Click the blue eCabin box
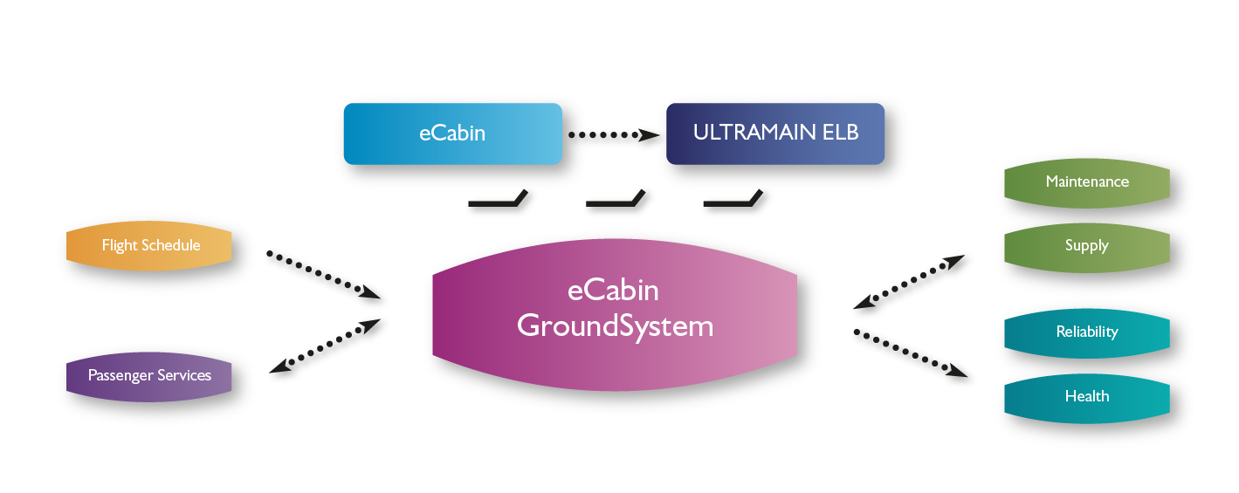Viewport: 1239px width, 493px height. tap(453, 134)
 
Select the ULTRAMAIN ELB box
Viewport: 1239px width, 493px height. tap(775, 134)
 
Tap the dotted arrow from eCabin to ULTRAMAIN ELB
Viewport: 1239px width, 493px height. tap(614, 134)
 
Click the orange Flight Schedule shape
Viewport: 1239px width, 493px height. tap(148, 246)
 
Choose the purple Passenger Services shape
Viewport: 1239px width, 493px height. tap(148, 377)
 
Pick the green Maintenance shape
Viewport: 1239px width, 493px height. tap(1087, 183)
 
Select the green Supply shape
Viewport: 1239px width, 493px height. tap(1087, 248)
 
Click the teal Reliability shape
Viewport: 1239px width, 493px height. tap(1087, 333)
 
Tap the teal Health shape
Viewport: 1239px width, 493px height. tap(1087, 399)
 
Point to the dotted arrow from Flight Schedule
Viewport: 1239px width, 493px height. tap(324, 275)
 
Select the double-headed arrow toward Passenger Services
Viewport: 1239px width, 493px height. tap(325, 346)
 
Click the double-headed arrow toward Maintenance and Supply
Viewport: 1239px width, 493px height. tap(909, 282)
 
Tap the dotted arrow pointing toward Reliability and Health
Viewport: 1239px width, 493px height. tap(911, 353)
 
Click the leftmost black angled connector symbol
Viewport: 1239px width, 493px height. tap(498, 198)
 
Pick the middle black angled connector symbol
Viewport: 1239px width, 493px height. tap(616, 198)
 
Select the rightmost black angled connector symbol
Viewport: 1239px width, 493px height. tap(733, 198)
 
